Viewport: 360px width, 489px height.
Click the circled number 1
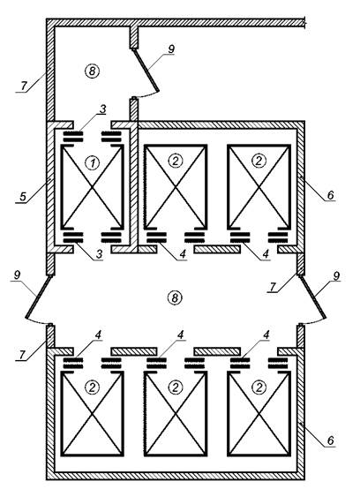click(93, 163)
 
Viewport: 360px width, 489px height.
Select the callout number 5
click(22, 197)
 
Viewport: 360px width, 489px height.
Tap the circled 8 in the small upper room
click(92, 71)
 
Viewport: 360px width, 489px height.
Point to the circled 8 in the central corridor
click(175, 297)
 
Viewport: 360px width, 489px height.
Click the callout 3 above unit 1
click(102, 109)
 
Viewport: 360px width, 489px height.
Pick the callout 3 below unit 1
click(100, 254)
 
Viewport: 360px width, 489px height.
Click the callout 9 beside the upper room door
click(171, 49)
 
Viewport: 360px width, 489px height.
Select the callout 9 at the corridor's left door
click(17, 275)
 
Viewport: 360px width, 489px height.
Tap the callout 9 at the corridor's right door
click(337, 275)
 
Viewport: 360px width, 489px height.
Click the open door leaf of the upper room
click(146, 70)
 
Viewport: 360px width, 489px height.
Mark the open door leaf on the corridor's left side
click(38, 297)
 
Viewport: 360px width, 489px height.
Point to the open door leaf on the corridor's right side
click(313, 297)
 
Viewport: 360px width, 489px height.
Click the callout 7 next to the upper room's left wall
click(24, 87)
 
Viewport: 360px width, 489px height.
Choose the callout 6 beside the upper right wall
click(331, 195)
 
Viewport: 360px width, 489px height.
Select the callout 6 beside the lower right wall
click(331, 440)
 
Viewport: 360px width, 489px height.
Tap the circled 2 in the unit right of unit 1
click(176, 161)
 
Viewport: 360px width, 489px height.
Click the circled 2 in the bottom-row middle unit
click(176, 387)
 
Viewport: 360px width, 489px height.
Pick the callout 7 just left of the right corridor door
click(273, 287)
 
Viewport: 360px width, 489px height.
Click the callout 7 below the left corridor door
click(22, 355)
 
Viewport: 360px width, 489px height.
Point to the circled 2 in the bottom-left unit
click(93, 387)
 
